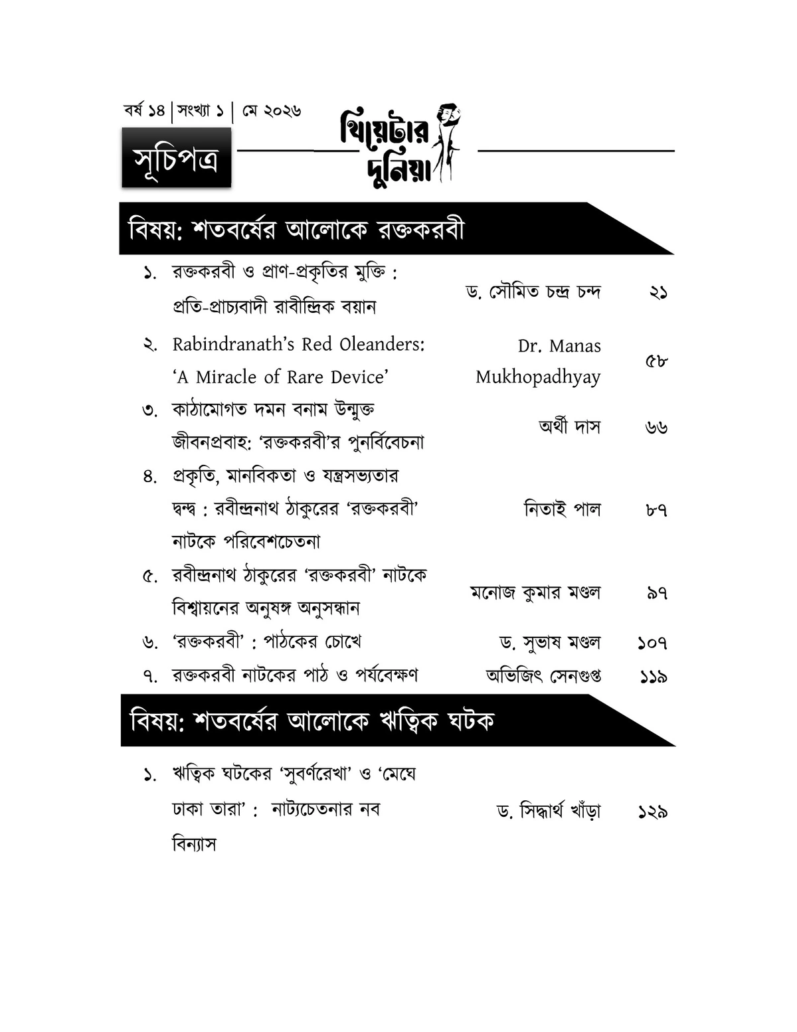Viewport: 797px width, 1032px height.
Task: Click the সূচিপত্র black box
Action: (x=176, y=157)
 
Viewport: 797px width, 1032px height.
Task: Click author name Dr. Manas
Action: (x=559, y=346)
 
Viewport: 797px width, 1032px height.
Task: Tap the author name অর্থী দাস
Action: (x=569, y=426)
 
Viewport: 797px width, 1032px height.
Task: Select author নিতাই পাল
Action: (x=562, y=509)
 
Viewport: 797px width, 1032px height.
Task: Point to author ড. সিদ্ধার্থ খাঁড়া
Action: (x=549, y=811)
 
